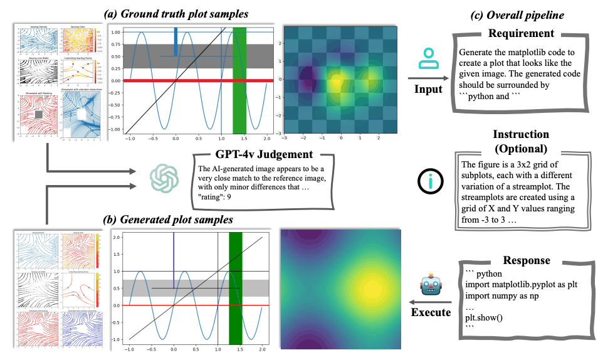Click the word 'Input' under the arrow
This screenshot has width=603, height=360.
click(429, 90)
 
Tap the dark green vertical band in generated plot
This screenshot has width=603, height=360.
click(235, 289)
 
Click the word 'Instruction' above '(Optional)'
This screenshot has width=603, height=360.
click(521, 134)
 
